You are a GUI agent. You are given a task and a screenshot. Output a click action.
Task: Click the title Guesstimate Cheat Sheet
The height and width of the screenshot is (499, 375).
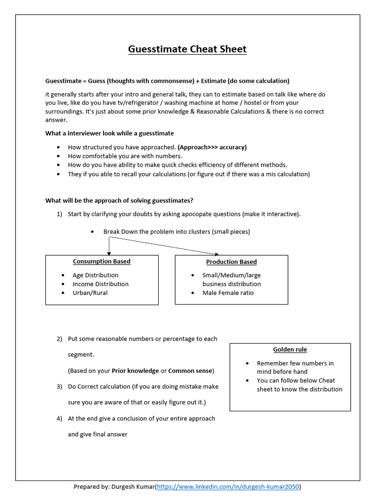(x=187, y=49)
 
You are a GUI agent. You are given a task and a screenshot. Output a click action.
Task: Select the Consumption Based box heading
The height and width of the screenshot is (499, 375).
(x=102, y=262)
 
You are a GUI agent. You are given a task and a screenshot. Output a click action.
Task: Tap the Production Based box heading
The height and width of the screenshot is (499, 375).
(x=231, y=262)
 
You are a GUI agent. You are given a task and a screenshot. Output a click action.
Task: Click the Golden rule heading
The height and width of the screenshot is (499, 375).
(x=290, y=349)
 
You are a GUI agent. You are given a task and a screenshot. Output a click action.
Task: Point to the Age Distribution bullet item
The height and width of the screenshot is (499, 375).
(x=95, y=275)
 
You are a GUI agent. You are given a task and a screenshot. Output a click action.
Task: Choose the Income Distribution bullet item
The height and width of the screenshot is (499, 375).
(x=101, y=284)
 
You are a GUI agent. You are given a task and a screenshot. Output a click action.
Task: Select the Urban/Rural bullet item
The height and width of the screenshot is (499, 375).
(x=90, y=293)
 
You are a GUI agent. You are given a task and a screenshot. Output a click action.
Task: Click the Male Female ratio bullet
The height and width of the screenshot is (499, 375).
(x=228, y=293)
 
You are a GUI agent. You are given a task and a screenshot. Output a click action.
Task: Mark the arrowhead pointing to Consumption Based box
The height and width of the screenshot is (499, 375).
(x=108, y=252)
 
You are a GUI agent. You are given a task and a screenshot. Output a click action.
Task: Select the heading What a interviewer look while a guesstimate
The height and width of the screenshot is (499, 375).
(x=109, y=133)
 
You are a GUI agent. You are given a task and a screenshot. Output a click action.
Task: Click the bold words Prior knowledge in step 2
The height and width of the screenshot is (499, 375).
(x=135, y=371)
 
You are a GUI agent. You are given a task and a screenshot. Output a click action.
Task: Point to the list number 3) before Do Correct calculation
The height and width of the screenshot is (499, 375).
(x=59, y=386)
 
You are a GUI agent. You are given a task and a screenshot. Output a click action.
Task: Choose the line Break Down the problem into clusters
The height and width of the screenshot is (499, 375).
(x=176, y=232)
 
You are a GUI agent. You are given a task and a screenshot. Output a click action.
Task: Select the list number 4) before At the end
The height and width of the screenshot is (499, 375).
(x=59, y=419)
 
